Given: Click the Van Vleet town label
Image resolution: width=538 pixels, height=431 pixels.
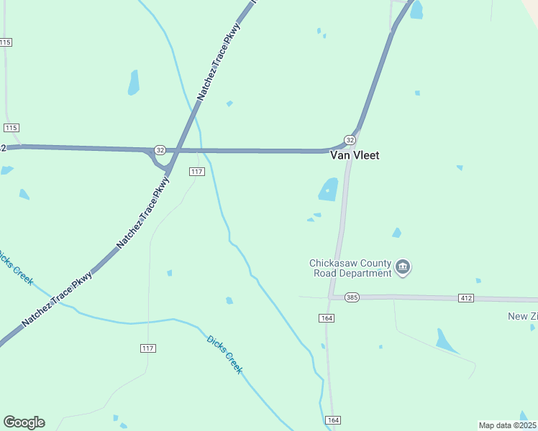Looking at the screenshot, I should [x=354, y=154].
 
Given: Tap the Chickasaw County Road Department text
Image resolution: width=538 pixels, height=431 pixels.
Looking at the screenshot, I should [x=350, y=268].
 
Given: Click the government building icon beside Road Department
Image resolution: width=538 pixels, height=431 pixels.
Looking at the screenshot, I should [x=403, y=269].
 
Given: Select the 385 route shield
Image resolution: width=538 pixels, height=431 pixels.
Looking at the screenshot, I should [x=351, y=297].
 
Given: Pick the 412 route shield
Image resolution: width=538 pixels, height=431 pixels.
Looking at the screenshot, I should [x=466, y=297].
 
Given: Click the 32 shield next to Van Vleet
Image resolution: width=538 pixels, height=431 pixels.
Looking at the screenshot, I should [x=350, y=139].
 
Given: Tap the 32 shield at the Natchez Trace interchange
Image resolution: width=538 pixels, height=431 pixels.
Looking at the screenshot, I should [x=160, y=150].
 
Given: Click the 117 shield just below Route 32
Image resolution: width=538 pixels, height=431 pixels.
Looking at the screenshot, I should [x=197, y=172].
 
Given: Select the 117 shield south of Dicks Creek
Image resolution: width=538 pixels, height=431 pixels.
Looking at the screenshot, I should [x=148, y=348].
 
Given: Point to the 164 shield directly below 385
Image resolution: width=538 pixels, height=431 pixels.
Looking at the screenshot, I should [x=327, y=317].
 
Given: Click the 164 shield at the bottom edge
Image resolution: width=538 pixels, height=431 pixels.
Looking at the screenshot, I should [x=332, y=420].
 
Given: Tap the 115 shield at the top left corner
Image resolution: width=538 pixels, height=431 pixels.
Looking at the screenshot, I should [x=5, y=42].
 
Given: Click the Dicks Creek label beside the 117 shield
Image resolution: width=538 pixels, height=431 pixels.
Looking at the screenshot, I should [x=224, y=354].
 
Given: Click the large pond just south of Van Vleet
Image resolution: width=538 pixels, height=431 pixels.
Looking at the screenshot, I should [x=329, y=189].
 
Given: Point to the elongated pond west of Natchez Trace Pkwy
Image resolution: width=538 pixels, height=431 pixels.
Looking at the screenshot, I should [x=133, y=83].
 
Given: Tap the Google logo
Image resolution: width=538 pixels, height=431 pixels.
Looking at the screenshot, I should [x=24, y=422].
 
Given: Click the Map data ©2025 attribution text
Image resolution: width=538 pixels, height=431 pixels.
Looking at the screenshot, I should [x=508, y=425].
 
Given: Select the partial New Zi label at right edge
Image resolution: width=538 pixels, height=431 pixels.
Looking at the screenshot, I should [x=522, y=316].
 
